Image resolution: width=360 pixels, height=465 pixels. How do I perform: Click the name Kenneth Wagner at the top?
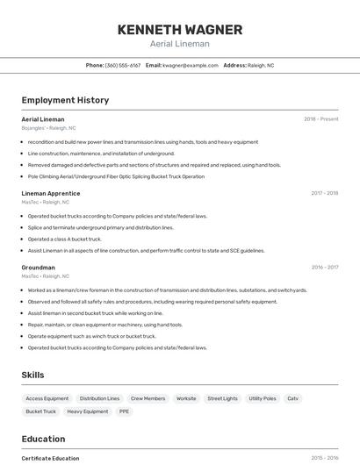point(179,29)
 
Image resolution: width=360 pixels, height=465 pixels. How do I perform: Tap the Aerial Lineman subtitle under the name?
point(179,44)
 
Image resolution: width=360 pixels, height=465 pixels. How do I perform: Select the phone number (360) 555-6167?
point(123,65)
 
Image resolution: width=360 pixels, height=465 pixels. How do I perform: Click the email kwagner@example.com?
point(190,65)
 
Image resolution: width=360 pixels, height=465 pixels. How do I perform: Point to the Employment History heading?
point(65,100)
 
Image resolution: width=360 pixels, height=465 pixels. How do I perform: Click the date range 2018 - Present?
point(320,119)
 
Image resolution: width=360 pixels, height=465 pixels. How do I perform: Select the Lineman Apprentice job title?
point(50,193)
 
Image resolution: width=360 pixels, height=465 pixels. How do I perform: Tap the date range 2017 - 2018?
point(324,193)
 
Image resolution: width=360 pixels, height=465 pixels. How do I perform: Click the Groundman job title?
point(38,268)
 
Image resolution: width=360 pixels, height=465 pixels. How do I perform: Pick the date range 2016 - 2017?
point(324,268)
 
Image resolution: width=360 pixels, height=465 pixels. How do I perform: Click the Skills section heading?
point(32,375)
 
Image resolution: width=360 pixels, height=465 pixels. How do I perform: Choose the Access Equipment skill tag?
point(47,398)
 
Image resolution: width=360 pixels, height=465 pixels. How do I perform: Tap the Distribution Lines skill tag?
point(99,398)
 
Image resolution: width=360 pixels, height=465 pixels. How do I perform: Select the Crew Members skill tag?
point(148,398)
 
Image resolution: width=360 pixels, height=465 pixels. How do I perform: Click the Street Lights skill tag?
point(222,398)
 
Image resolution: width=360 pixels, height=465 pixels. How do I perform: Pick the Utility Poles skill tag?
point(262,398)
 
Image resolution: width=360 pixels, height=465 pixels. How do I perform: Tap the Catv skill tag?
point(293,398)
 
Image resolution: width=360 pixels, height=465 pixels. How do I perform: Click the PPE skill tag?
point(124,411)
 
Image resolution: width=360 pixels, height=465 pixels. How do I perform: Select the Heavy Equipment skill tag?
point(87,411)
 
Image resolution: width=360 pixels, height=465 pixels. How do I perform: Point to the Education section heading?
point(43,439)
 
